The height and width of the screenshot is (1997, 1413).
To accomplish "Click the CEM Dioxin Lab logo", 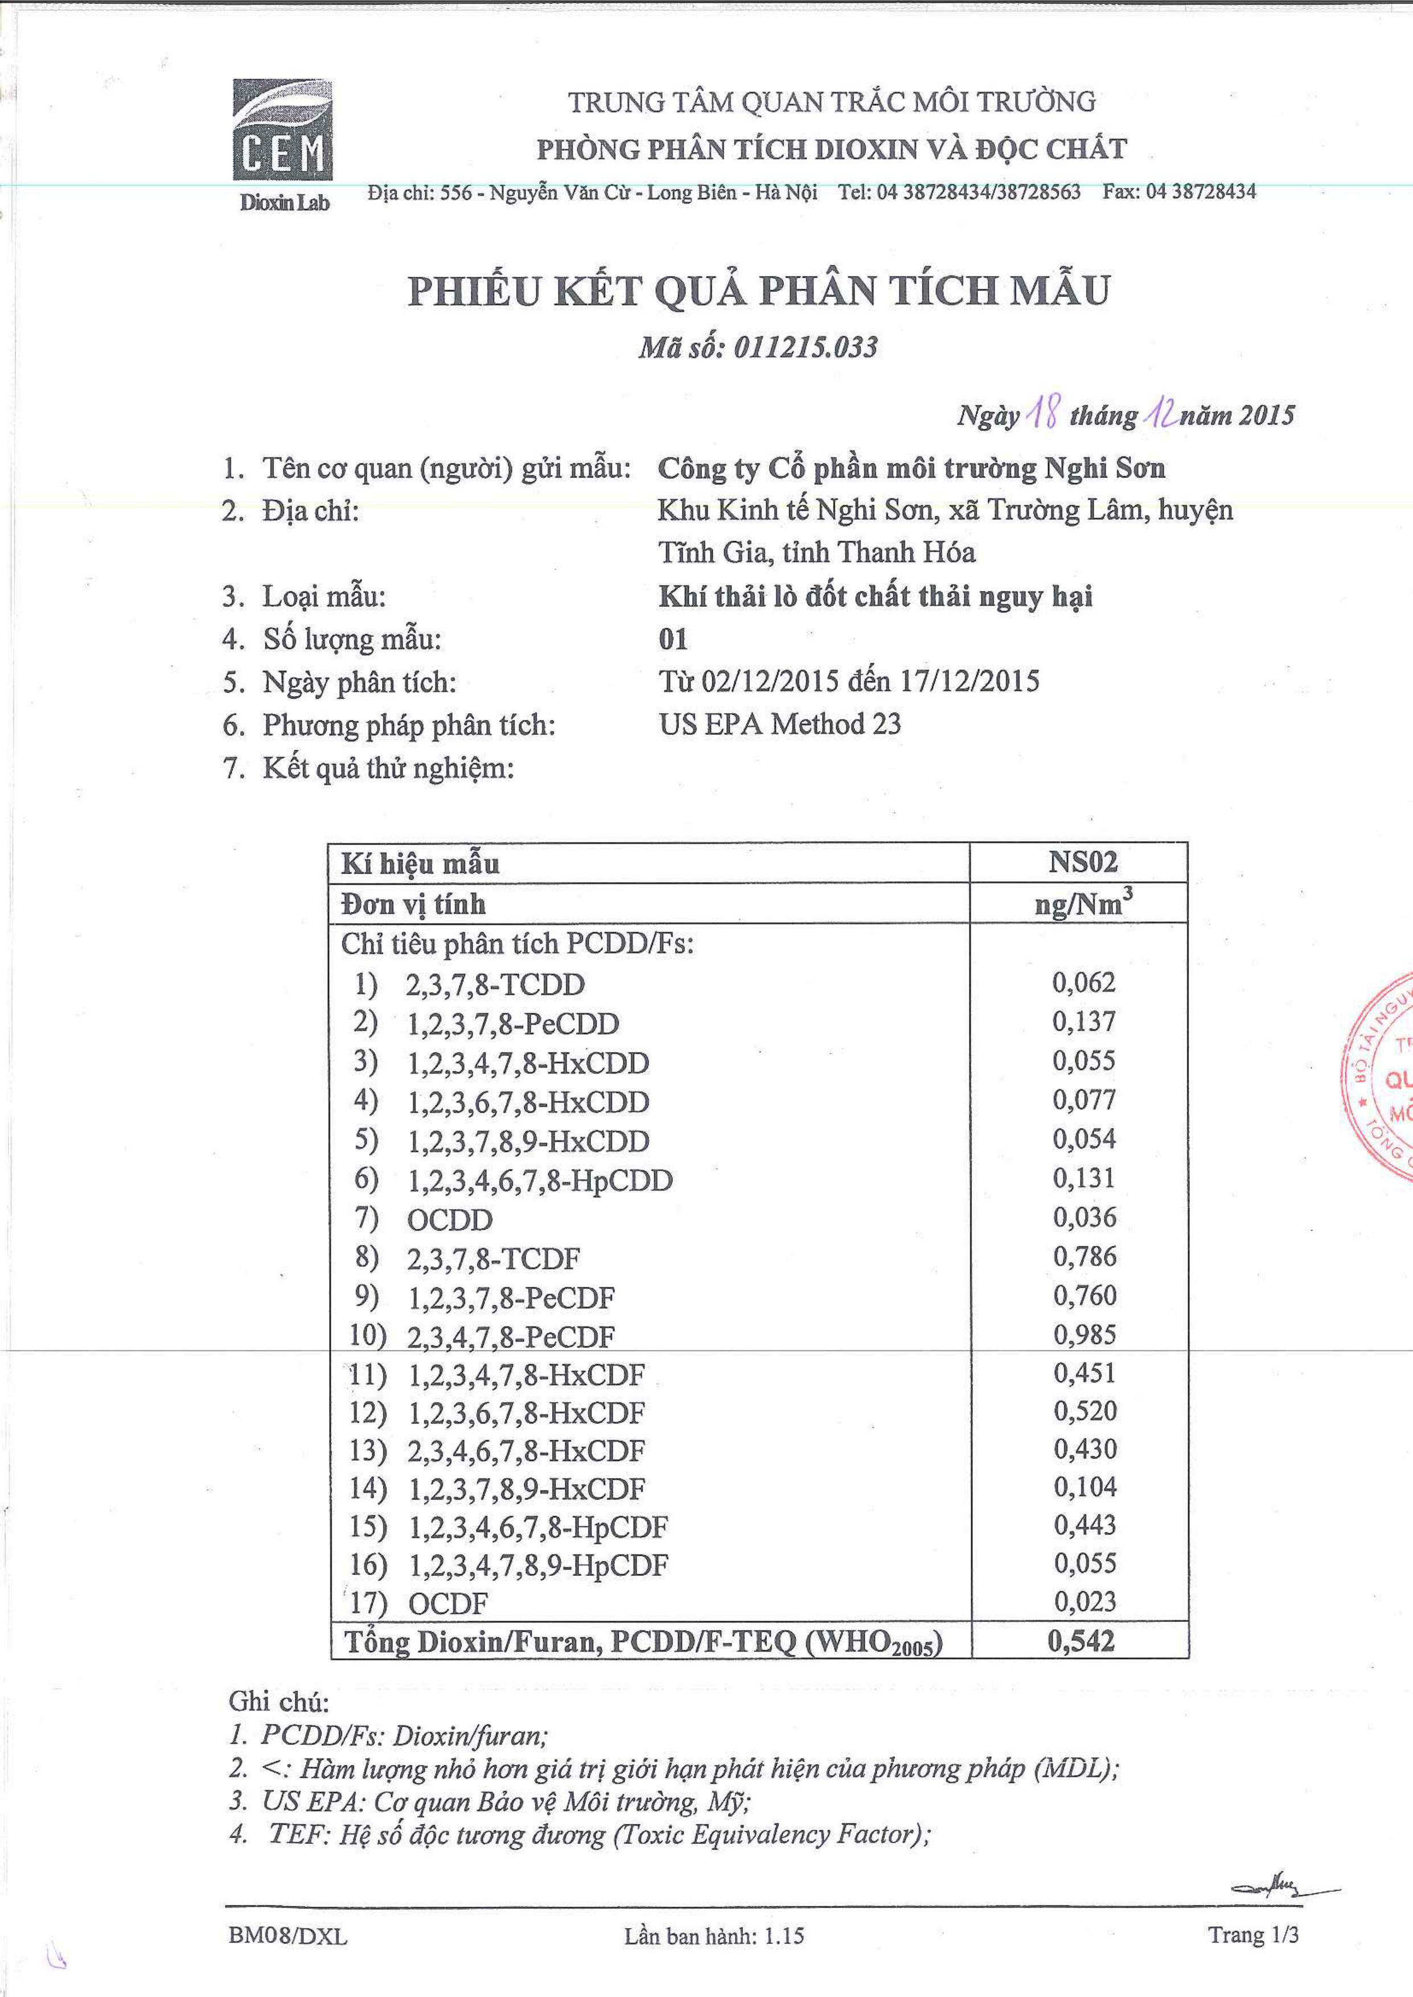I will pyautogui.click(x=282, y=143).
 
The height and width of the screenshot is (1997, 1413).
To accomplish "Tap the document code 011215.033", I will pyautogui.click(x=805, y=348).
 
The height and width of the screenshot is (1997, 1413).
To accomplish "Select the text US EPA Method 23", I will pyautogui.click(x=779, y=724).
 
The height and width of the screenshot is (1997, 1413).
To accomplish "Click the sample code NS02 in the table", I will pyautogui.click(x=1082, y=862).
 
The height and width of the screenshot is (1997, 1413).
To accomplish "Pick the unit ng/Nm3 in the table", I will pyautogui.click(x=1082, y=904).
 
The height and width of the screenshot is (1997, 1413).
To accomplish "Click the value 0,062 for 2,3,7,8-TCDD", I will pyautogui.click(x=1083, y=983).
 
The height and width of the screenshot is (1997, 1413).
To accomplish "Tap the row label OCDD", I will pyautogui.click(x=449, y=1220).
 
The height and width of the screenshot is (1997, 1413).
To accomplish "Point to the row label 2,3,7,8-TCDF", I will pyautogui.click(x=492, y=1258).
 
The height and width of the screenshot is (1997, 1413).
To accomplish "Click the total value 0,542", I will pyautogui.click(x=1081, y=1641).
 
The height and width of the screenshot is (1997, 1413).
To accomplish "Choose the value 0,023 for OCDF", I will pyautogui.click(x=1084, y=1601).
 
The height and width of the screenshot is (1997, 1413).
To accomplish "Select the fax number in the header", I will pyautogui.click(x=1179, y=192).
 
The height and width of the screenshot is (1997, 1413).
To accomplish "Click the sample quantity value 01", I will pyautogui.click(x=672, y=639).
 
